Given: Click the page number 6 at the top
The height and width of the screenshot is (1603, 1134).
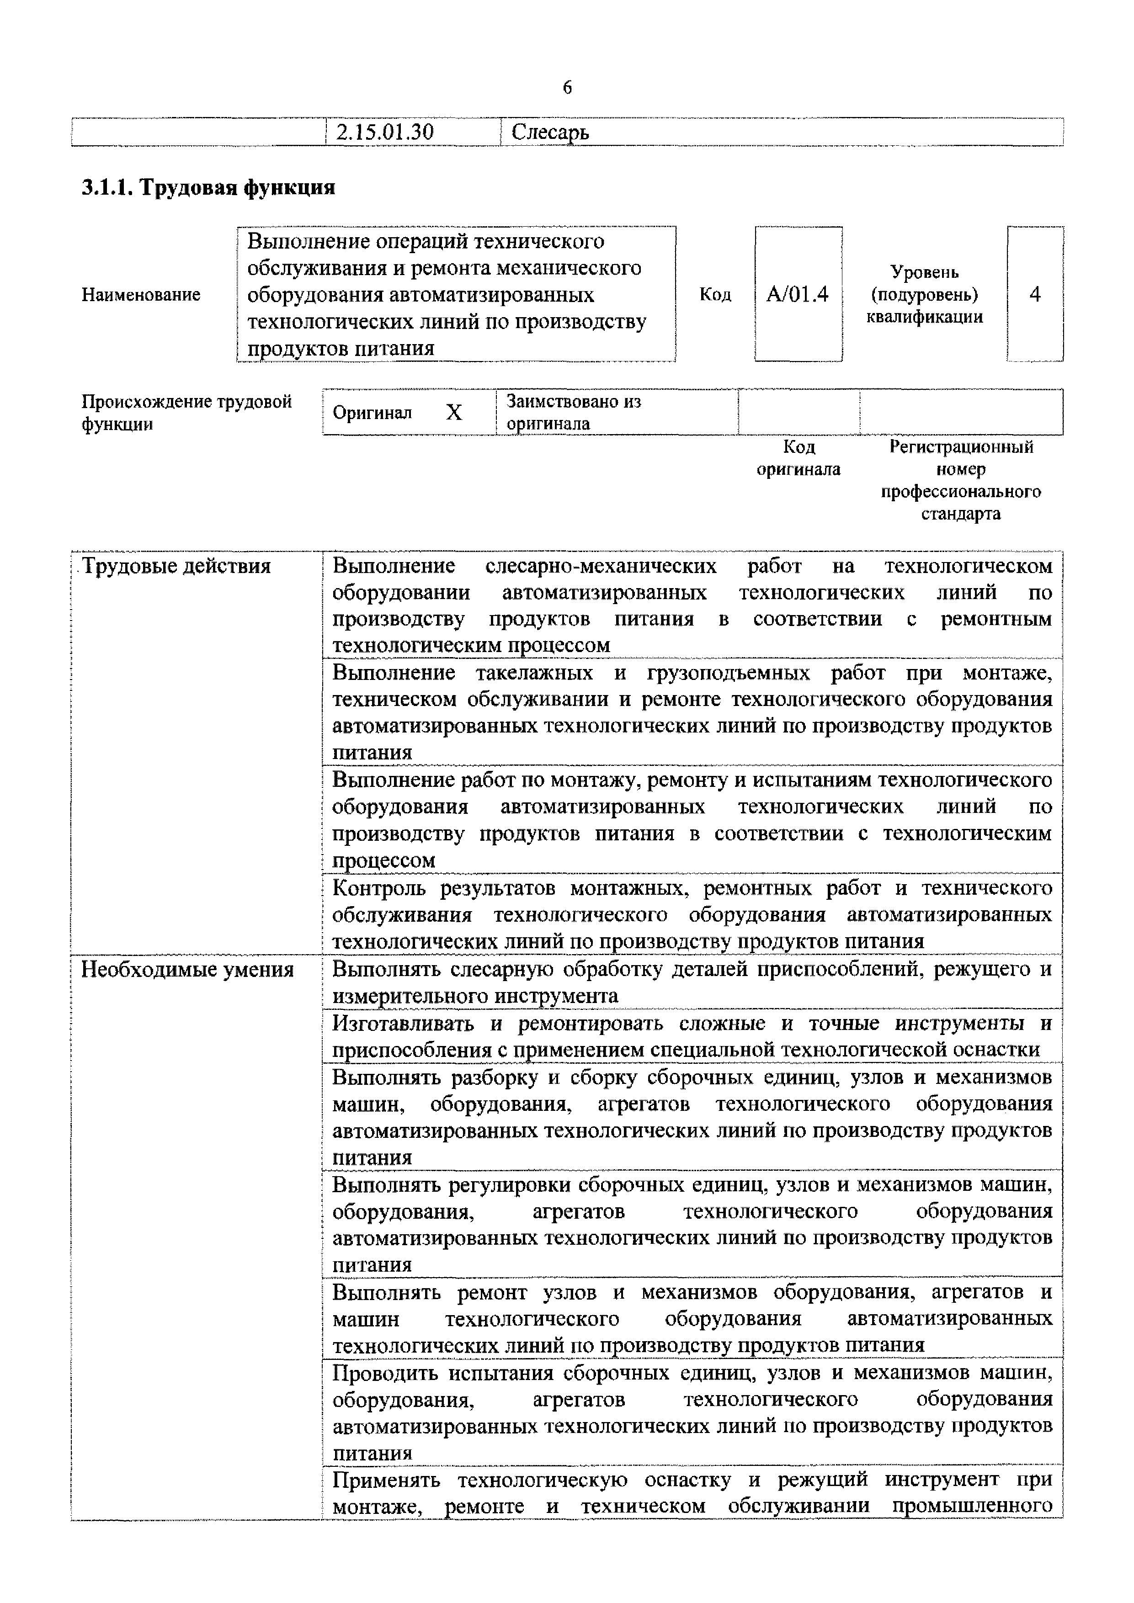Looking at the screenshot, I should pyautogui.click(x=566, y=88).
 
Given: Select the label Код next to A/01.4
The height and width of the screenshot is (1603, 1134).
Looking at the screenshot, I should pyautogui.click(x=715, y=295).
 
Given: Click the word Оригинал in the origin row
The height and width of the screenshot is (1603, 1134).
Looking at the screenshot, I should pyautogui.click(x=372, y=413).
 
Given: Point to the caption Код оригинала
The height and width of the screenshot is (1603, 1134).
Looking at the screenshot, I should pyautogui.click(x=798, y=458).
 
